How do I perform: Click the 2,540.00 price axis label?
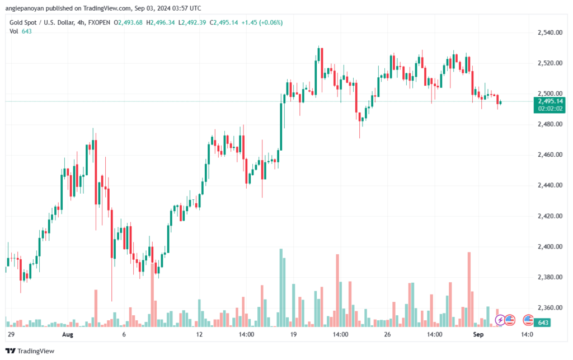point(550,32)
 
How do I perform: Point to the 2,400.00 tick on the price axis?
point(550,247)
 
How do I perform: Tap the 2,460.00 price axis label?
point(550,155)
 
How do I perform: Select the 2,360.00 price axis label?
point(550,308)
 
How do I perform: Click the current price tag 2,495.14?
point(550,101)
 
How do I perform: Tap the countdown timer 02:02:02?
point(550,109)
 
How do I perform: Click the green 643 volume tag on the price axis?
point(543,322)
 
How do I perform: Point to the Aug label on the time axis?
point(68,334)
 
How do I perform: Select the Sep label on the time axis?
point(478,334)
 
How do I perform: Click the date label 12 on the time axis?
point(199,334)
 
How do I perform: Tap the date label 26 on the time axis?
point(387,334)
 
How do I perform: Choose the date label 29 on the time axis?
point(11,334)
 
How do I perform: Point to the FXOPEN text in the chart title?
point(99,22)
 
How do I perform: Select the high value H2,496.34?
point(161,22)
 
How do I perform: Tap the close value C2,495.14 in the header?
point(224,22)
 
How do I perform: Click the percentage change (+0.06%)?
point(271,22)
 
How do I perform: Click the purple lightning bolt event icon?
point(500,320)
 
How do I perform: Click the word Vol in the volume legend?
point(13,31)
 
